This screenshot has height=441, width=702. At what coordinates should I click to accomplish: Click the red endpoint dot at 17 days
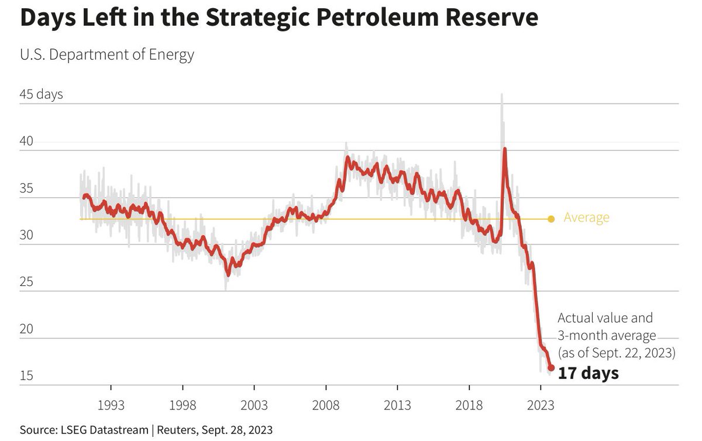click(551, 368)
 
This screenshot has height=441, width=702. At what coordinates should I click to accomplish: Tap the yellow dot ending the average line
click(551, 219)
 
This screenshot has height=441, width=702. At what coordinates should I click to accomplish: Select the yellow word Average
click(586, 218)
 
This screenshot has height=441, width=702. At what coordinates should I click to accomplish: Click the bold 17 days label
click(589, 373)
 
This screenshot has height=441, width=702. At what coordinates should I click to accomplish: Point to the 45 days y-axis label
click(41, 94)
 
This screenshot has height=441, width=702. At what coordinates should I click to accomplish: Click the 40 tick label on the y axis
click(26, 141)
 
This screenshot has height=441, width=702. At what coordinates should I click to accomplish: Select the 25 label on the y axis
click(26, 282)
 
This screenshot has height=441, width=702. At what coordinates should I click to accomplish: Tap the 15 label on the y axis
click(26, 375)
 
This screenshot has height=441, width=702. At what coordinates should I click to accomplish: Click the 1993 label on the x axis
click(111, 405)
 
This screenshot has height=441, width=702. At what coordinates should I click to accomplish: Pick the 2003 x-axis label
click(254, 405)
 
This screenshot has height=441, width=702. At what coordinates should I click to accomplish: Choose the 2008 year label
click(326, 405)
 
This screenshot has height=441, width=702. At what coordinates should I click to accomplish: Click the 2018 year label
click(469, 405)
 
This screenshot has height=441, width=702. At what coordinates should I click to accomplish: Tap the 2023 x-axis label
click(541, 405)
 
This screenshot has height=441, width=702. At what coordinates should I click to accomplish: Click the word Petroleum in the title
click(377, 17)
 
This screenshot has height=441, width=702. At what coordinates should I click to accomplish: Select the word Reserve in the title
click(492, 17)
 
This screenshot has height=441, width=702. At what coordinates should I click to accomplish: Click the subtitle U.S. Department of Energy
click(107, 55)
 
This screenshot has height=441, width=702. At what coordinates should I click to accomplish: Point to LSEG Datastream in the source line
click(104, 430)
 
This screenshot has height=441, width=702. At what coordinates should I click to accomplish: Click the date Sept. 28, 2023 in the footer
click(237, 430)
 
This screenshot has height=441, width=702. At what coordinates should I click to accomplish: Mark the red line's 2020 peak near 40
click(504, 149)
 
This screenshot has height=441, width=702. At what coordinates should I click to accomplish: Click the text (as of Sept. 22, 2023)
click(617, 353)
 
